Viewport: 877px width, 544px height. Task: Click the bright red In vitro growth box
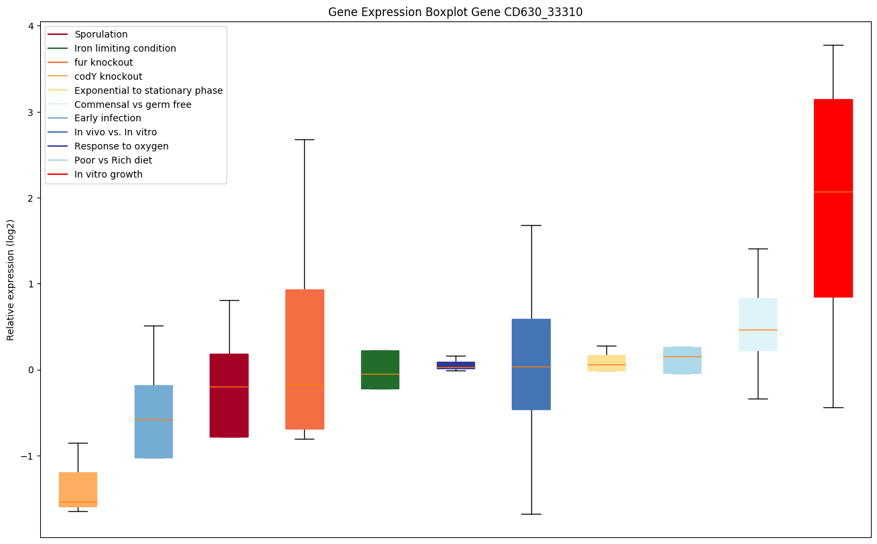(833, 198)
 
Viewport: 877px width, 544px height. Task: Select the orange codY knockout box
(78, 489)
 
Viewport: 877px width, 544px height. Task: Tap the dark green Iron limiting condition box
(380, 369)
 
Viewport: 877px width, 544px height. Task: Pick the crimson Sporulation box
(229, 395)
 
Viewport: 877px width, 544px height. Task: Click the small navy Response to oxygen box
(456, 364)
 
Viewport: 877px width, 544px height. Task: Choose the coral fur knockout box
(304, 359)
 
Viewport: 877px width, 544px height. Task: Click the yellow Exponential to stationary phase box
(606, 362)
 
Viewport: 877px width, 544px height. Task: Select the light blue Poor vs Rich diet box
(682, 360)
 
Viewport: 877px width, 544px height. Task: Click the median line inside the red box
(833, 192)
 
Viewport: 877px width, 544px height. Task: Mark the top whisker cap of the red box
(833, 45)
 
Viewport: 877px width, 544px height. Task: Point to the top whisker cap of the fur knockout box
(304, 139)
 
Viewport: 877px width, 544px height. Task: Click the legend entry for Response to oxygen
(121, 146)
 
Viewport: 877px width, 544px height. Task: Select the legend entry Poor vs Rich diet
(113, 160)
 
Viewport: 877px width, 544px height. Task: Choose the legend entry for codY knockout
(108, 76)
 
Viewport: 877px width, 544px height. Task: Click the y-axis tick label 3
(30, 112)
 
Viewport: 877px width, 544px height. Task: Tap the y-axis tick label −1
(27, 456)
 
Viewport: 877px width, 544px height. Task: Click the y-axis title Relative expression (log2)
(11, 279)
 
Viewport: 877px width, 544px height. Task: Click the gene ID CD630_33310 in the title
(535, 12)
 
